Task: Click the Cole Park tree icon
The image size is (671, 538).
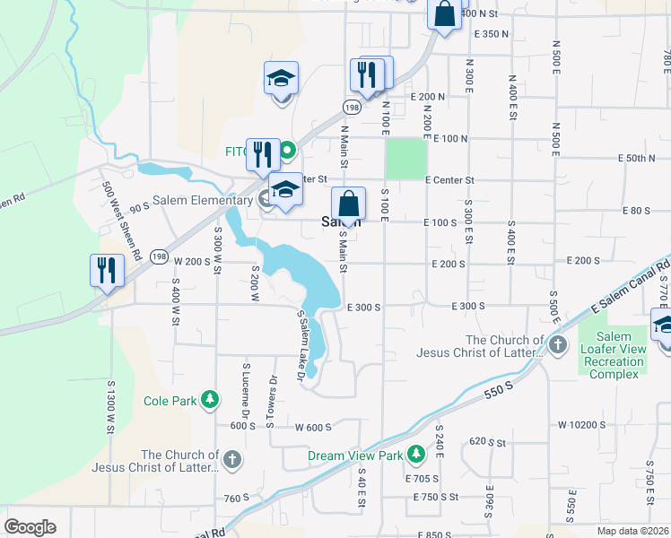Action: pos(210,399)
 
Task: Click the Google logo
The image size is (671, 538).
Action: pos(30,527)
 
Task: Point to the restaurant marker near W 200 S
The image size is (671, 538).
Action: pos(107,271)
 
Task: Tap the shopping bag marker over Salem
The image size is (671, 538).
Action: pos(348,205)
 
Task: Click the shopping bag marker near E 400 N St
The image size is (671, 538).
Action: pos(444,15)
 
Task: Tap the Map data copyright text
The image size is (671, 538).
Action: pos(632,531)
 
